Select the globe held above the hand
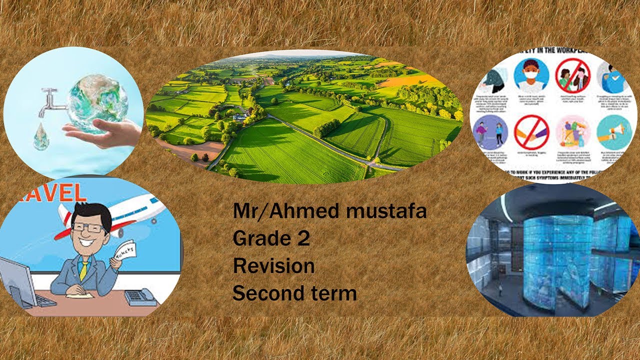click(98, 102)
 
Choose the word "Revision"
click(273, 266)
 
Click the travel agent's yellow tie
click(83, 269)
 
